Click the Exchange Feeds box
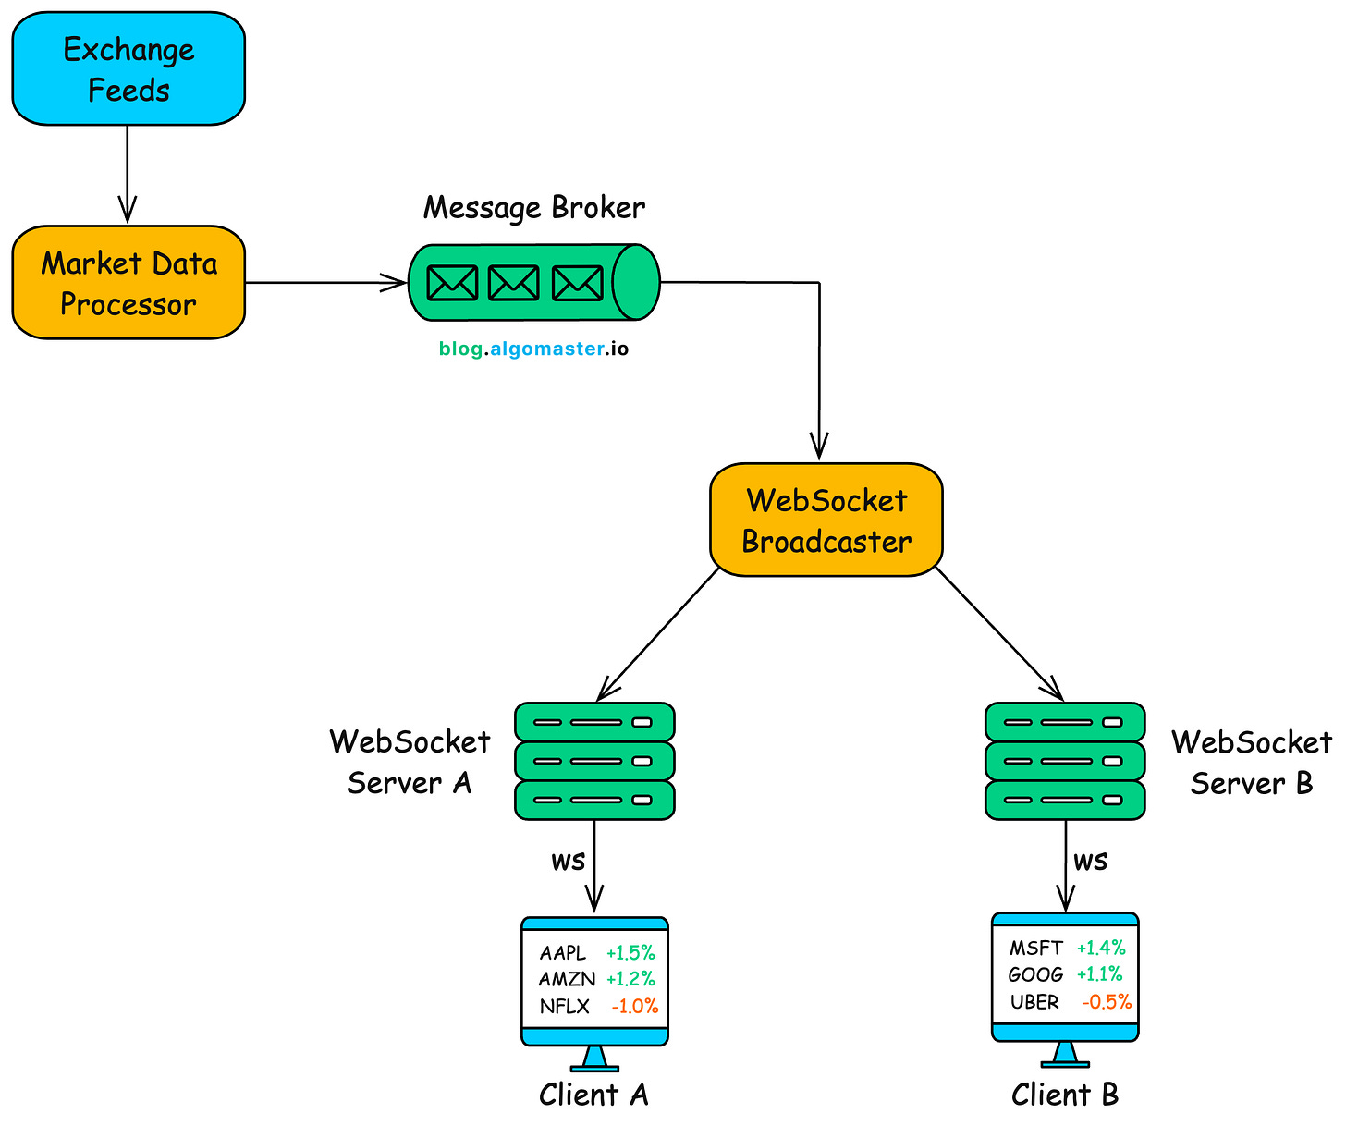[x=128, y=69]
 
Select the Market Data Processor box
[x=128, y=283]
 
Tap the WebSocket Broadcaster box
[x=826, y=520]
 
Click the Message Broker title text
[x=534, y=207]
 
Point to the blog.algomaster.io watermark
[x=533, y=349]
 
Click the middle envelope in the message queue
[x=513, y=283]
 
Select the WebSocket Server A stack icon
[x=594, y=761]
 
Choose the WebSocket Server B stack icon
[x=1065, y=761]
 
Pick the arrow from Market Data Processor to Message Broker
[x=324, y=283]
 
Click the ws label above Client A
[x=568, y=862]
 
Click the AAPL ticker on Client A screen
[x=563, y=953]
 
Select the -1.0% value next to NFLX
[x=635, y=1007]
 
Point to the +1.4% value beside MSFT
[x=1101, y=948]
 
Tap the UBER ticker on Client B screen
[x=1034, y=1002]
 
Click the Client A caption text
[x=593, y=1095]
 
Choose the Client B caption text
[x=1065, y=1095]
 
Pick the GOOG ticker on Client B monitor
[x=1035, y=974]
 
